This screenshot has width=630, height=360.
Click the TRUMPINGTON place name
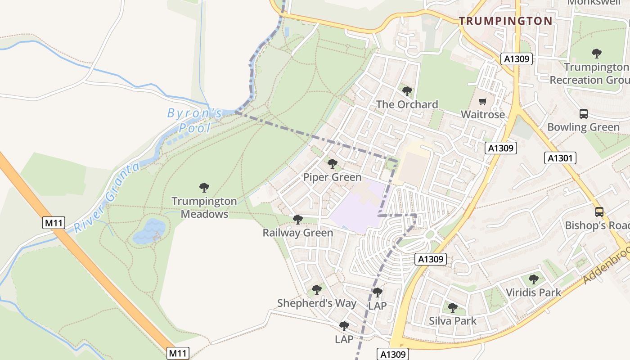click(x=505, y=21)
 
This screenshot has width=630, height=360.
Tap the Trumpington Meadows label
click(x=204, y=207)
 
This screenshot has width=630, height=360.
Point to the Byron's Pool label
click(x=195, y=120)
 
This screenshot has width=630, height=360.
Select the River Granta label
click(x=107, y=198)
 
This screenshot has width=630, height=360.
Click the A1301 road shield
click(x=560, y=157)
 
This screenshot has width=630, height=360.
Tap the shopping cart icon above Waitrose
click(x=483, y=101)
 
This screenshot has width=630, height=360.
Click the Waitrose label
click(x=483, y=114)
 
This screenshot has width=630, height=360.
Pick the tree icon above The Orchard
click(x=407, y=91)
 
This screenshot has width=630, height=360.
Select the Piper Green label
click(x=332, y=177)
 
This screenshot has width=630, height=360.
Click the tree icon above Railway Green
click(x=297, y=220)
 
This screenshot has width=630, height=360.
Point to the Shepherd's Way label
click(x=317, y=303)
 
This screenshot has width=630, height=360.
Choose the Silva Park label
click(x=452, y=321)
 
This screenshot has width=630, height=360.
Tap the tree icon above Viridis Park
click(x=533, y=279)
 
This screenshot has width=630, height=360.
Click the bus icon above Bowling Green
click(x=583, y=114)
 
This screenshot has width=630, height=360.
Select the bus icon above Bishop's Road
click(x=599, y=211)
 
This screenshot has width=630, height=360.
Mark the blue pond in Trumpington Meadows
click(x=148, y=231)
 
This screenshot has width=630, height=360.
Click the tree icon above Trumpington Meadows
click(x=204, y=187)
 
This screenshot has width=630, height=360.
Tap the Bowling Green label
click(x=583, y=127)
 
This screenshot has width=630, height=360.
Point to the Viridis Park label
click(x=533, y=292)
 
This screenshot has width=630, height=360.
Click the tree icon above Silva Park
click(x=452, y=308)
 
